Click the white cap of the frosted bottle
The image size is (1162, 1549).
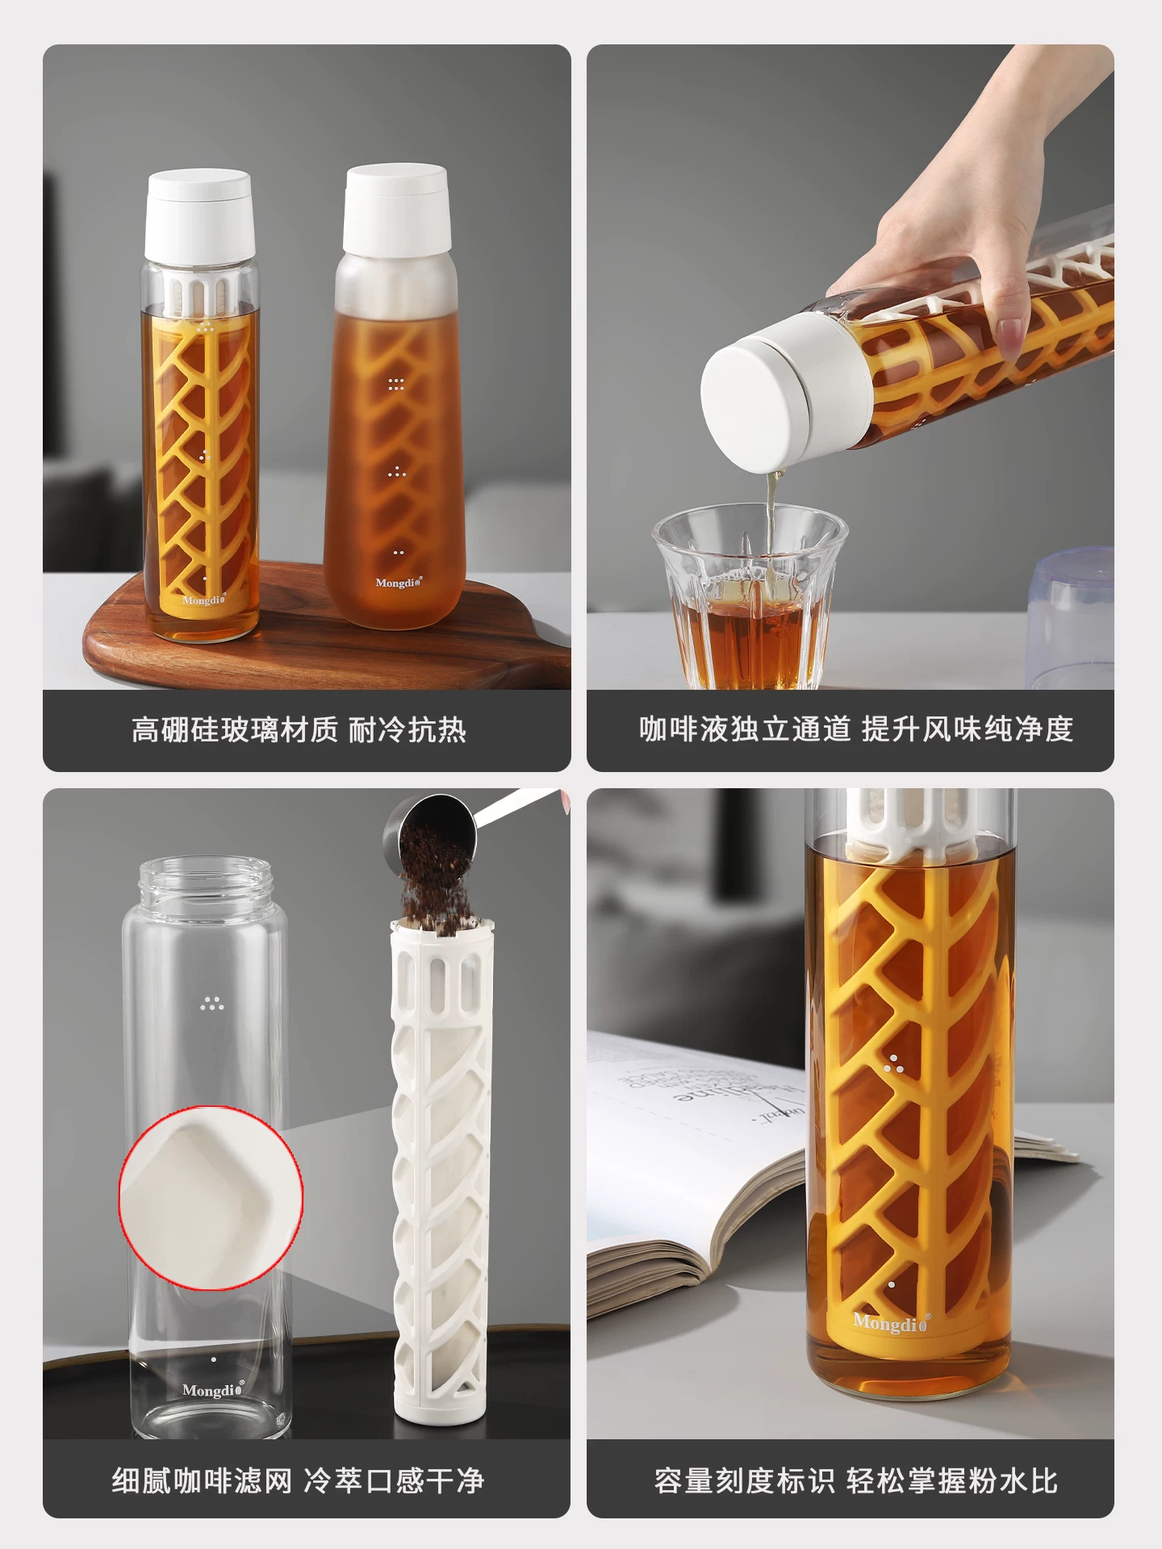click(x=395, y=211)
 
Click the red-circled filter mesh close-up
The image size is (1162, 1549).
click(x=211, y=1197)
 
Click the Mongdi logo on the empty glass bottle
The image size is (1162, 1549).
click(x=212, y=1390)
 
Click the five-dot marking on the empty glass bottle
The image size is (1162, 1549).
click(x=212, y=1003)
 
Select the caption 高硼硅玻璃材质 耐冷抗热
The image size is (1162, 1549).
click(x=299, y=730)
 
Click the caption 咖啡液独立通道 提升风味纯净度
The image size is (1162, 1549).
click(x=855, y=729)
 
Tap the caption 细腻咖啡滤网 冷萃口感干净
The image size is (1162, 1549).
click(x=298, y=1480)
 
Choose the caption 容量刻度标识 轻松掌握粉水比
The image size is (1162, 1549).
click(x=855, y=1480)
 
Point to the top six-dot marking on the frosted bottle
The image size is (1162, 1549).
click(x=395, y=384)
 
